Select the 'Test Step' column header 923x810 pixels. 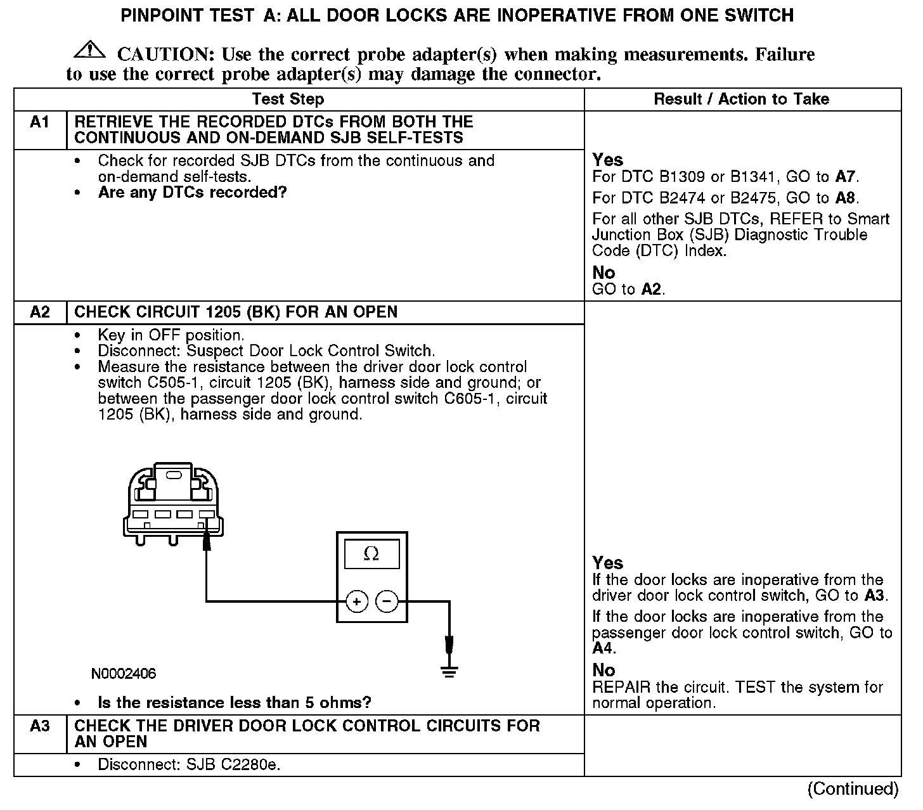coord(288,100)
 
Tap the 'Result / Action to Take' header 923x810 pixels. coord(741,100)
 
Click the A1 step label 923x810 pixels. coord(40,122)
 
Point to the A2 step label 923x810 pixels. coord(40,312)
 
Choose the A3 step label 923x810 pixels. coord(40,726)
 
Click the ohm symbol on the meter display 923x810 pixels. coord(371,554)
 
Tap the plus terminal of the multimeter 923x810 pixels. coord(357,601)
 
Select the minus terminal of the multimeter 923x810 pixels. coord(387,601)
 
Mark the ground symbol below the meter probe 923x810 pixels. coord(449,671)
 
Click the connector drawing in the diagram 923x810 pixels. coord(173,504)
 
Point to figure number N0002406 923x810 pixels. coord(124,674)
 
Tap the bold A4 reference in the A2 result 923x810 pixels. coord(603,648)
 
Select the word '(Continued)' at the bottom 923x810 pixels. coord(853,789)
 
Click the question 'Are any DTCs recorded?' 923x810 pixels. coord(193,193)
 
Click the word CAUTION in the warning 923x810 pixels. coord(161,55)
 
